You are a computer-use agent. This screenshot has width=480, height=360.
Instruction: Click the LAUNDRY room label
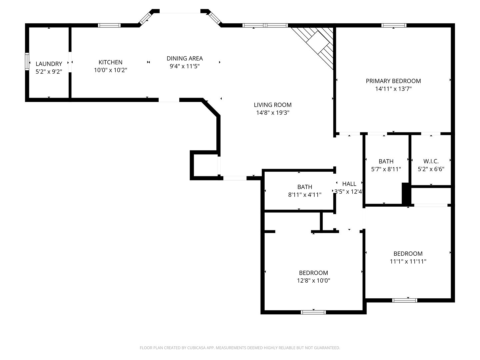pos(49,64)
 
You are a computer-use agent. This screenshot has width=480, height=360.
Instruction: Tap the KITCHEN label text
pos(110,62)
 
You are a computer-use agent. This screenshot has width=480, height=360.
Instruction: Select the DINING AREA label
pos(185,59)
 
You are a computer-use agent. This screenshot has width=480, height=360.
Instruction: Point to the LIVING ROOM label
pos(272,105)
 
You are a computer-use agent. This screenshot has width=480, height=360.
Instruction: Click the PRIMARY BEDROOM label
pos(393,81)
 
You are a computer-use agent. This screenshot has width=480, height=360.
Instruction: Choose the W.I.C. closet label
pos(431,161)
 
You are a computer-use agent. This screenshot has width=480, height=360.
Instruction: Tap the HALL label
pos(349,184)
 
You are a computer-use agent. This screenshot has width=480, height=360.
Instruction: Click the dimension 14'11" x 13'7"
pos(393,89)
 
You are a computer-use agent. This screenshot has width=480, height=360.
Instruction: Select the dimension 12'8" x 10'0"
pos(313,280)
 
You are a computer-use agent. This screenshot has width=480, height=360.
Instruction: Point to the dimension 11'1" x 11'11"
pos(408,261)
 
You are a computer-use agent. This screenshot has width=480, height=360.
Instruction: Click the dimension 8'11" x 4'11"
pos(305,195)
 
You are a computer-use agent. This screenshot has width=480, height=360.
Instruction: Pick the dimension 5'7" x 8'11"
pos(386,169)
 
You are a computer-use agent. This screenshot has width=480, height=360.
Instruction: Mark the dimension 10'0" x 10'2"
pos(110,70)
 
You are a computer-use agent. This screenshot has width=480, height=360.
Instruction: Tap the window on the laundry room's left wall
pos(27,62)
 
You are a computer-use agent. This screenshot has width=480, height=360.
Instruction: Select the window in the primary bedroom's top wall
pos(394,25)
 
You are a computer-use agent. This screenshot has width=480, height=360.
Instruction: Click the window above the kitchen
pos(109,25)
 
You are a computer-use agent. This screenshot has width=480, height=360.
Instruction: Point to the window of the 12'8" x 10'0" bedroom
pos(313,312)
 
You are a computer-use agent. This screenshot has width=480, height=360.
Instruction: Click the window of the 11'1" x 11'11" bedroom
pos(405,300)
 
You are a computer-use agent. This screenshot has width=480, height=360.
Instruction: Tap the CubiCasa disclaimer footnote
pos(240,348)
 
